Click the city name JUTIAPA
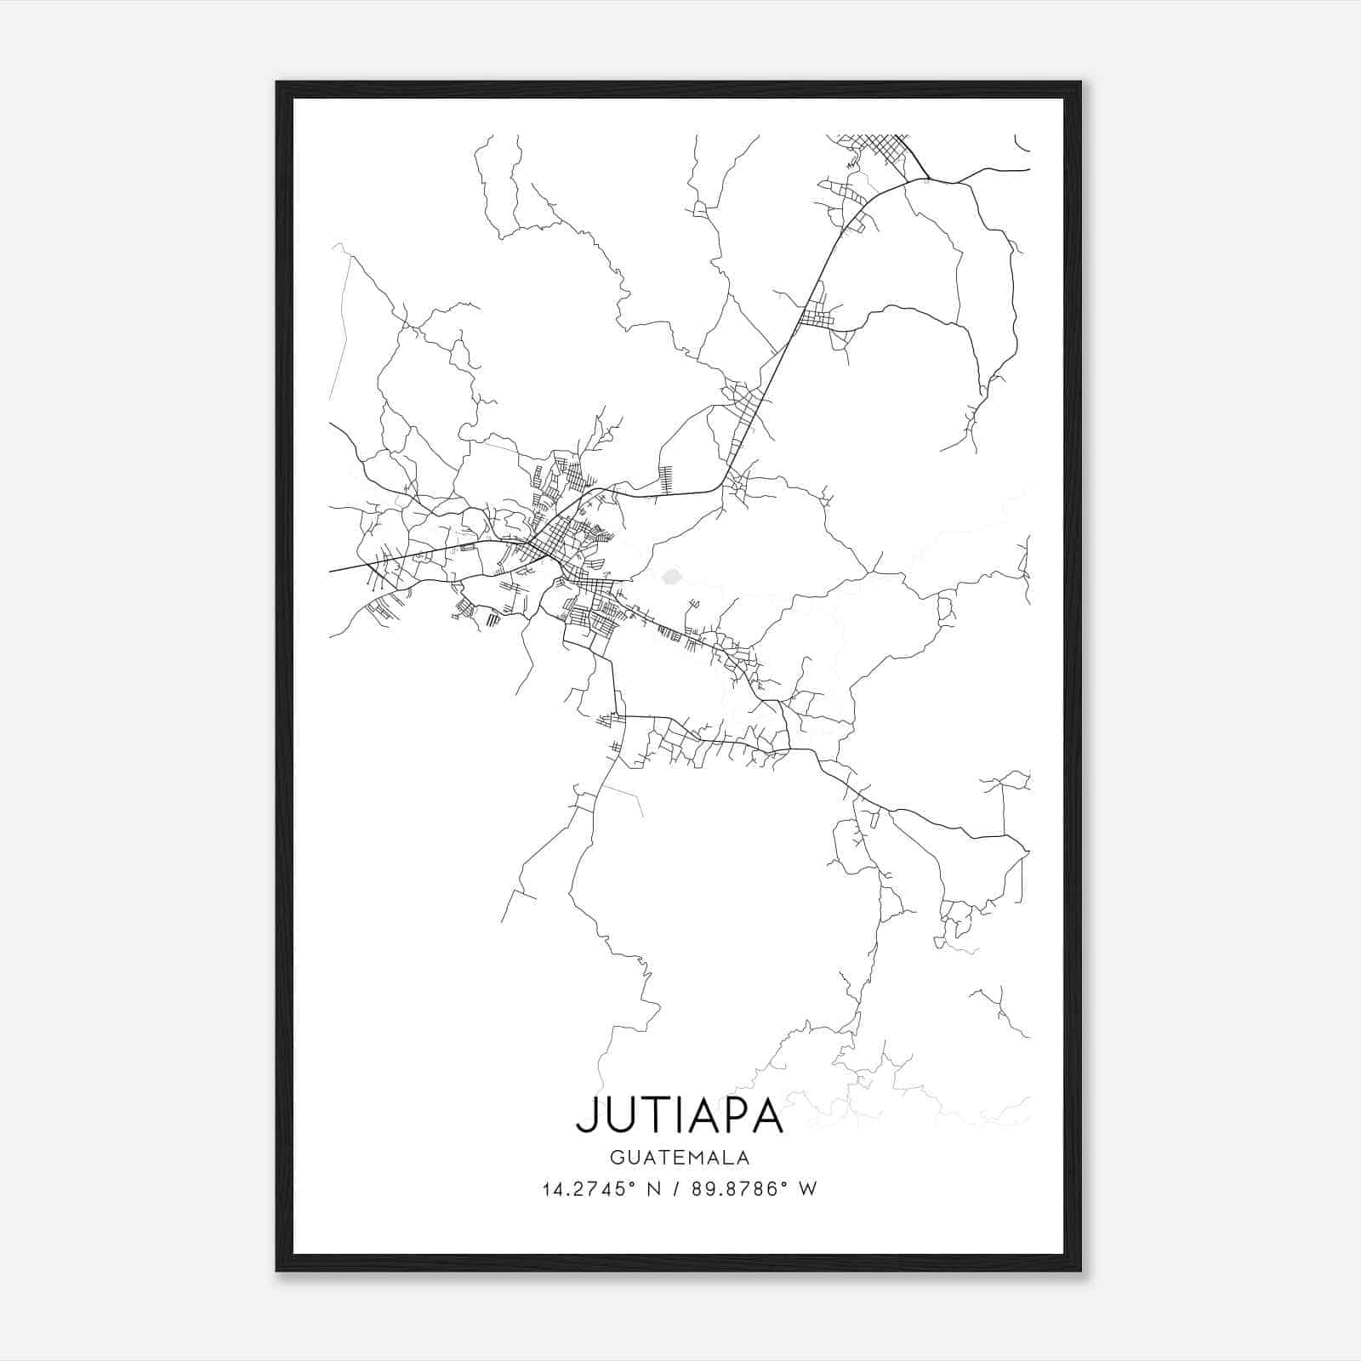(x=679, y=1116)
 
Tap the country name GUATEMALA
(x=679, y=1158)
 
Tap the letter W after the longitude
(x=808, y=1189)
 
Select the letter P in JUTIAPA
(x=732, y=1116)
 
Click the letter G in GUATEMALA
(x=616, y=1158)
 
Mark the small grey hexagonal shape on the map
(x=671, y=577)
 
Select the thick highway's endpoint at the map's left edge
(x=331, y=571)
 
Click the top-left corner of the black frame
(x=277, y=83)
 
